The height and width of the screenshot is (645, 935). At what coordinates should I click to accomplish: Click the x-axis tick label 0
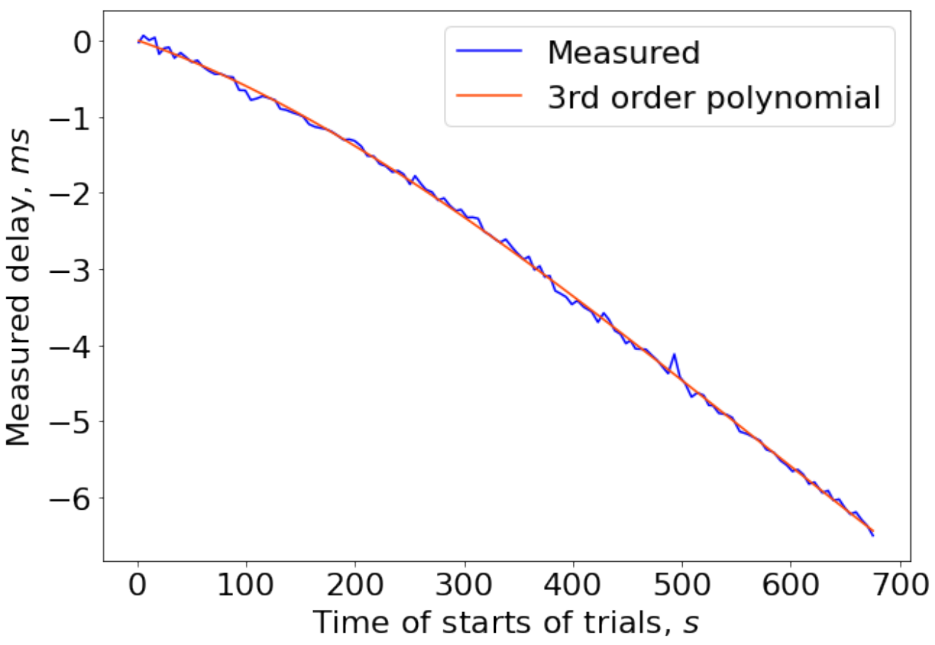pyautogui.click(x=138, y=585)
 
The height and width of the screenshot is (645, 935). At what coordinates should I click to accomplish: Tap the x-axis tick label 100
pyautogui.click(x=245, y=585)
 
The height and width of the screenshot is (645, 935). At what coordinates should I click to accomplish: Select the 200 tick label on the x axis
pyautogui.click(x=355, y=585)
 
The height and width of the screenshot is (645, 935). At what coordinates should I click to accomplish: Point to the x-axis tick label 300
pyautogui.click(x=463, y=585)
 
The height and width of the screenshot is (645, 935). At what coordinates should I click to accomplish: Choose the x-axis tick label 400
pyautogui.click(x=572, y=585)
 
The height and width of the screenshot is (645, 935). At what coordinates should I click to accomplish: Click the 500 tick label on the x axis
pyautogui.click(x=682, y=585)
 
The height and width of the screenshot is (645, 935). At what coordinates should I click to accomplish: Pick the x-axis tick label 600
pyautogui.click(x=790, y=585)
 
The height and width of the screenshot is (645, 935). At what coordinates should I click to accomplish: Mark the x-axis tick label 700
pyautogui.click(x=900, y=585)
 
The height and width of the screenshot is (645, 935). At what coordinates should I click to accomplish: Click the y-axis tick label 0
pyautogui.click(x=82, y=42)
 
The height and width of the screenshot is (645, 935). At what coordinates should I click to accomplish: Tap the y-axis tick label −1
pyautogui.click(x=70, y=118)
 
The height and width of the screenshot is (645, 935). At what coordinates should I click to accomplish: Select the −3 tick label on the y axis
pyautogui.click(x=70, y=270)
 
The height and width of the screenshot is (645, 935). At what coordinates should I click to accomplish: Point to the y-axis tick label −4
pyautogui.click(x=70, y=346)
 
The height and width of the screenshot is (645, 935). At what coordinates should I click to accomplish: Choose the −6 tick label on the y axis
pyautogui.click(x=70, y=498)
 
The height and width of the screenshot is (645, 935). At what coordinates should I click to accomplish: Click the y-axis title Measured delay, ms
pyautogui.click(x=19, y=287)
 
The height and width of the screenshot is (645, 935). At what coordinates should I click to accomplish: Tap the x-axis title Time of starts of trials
pyautogui.click(x=506, y=623)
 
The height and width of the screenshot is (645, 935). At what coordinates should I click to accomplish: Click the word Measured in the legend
pyautogui.click(x=623, y=53)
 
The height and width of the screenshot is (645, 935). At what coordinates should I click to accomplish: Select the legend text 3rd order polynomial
pyautogui.click(x=713, y=97)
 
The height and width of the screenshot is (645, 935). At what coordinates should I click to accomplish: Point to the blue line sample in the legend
pyautogui.click(x=489, y=51)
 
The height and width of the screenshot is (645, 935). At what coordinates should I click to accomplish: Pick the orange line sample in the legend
pyautogui.click(x=489, y=95)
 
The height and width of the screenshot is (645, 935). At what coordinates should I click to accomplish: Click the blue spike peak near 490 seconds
pyautogui.click(x=674, y=354)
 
